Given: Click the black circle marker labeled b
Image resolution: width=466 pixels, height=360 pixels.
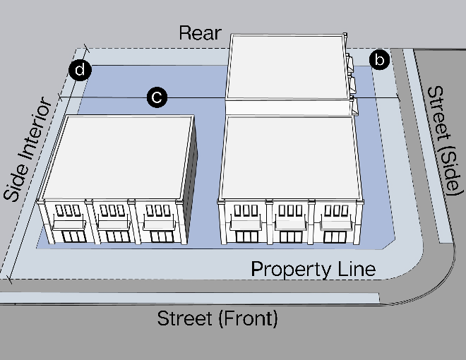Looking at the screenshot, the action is click(379, 60).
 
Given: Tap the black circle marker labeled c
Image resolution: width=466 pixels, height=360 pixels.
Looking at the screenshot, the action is click(157, 97).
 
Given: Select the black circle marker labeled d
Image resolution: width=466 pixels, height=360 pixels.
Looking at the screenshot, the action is click(80, 70).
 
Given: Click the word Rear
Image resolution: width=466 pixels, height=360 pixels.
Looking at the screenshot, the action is click(201, 32).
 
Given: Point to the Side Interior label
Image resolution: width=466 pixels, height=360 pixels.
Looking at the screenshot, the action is click(28, 150).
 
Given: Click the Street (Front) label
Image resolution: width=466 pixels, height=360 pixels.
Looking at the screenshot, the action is click(217, 318).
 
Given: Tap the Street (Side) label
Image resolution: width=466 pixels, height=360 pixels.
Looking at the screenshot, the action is click(445, 140).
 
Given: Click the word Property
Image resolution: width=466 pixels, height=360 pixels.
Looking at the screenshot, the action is click(291, 270).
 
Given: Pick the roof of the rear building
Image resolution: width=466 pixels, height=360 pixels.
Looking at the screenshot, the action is click(286, 67).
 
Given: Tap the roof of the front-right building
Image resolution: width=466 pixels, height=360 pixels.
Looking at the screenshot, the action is click(291, 158).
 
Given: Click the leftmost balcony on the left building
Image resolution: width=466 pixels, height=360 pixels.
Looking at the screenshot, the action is click(69, 224).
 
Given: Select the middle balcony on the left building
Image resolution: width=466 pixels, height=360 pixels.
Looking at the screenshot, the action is click(114, 224).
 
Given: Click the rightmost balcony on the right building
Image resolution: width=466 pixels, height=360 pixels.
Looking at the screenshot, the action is click(337, 225).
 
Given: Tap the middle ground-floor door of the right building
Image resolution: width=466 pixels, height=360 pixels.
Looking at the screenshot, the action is click(291, 237).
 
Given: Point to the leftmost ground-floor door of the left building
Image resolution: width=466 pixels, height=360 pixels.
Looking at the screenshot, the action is click(74, 236).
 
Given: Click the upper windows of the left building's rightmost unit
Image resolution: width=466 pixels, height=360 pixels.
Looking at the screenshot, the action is click(158, 210).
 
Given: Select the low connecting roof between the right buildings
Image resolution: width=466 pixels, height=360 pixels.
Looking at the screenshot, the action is click(287, 107).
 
